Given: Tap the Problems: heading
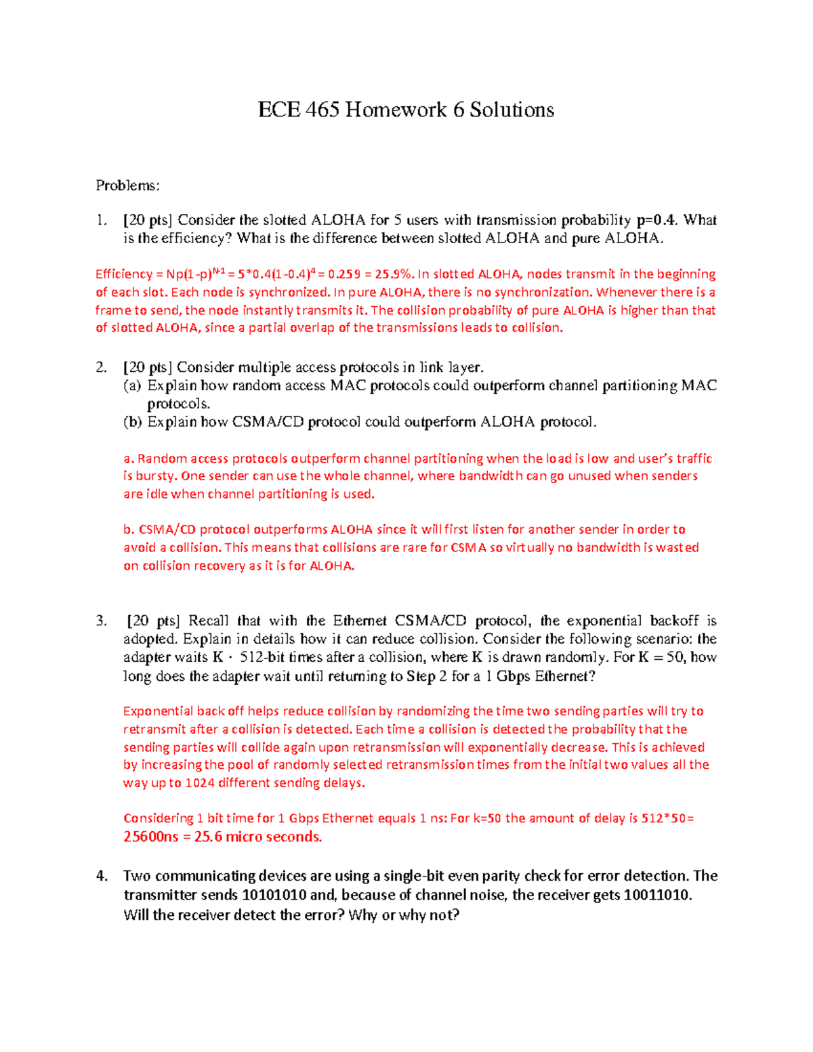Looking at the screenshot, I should coord(127,186).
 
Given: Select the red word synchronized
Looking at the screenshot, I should coord(289,293).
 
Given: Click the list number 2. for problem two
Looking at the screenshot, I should coord(102,368).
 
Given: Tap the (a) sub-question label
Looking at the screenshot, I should coord(132,386).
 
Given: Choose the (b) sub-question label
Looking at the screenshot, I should coord(133,422).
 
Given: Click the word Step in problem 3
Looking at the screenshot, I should coord(420,676).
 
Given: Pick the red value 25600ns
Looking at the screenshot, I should coord(151,837).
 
